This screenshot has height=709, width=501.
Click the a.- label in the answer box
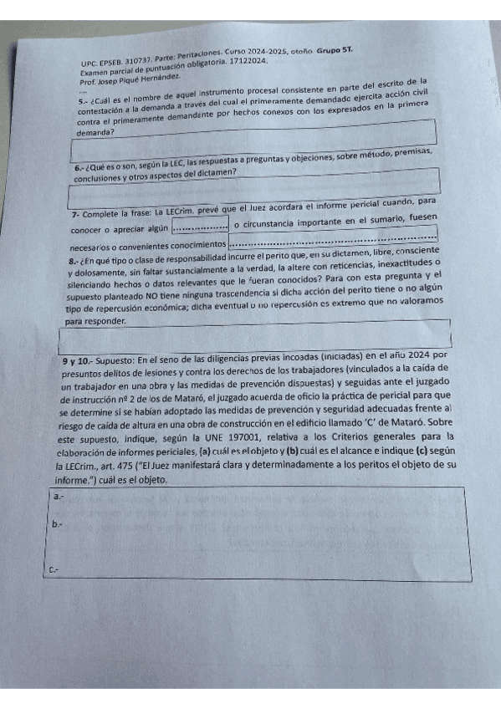58,497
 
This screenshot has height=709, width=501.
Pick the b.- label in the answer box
57,524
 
